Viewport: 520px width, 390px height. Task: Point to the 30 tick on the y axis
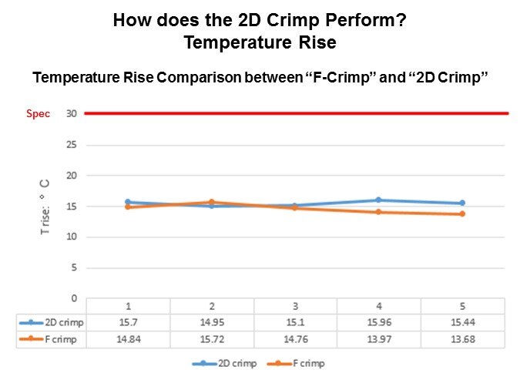pos(71,114)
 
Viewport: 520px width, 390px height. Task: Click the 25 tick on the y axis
pos(71,145)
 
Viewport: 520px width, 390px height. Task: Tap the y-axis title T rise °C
pos(45,207)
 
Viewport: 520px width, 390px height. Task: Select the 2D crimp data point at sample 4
pos(378,200)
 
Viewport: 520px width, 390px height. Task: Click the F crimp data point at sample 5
pos(462,213)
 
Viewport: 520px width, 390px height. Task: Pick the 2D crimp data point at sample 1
pos(128,202)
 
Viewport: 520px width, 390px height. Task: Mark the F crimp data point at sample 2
pos(211,202)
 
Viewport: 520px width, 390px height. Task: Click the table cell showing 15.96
pos(378,322)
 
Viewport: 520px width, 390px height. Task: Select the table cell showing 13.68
pos(462,339)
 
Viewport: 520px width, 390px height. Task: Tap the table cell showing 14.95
pos(211,322)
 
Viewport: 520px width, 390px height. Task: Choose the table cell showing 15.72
pos(211,339)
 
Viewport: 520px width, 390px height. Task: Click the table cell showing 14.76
pos(295,339)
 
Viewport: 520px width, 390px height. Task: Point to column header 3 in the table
pos(295,306)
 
